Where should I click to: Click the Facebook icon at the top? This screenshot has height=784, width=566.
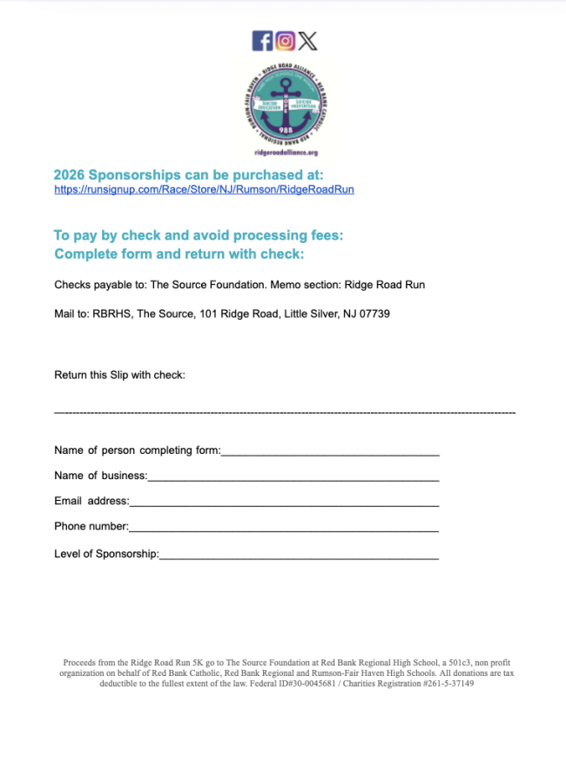coord(262,41)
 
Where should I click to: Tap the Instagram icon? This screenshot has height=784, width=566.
coord(286,41)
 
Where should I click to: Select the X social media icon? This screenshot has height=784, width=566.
coord(307,41)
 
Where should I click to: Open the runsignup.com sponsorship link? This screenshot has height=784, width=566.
coord(204,189)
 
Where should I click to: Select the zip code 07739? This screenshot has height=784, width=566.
coord(372,313)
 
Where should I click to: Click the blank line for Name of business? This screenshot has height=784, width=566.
coord(293,476)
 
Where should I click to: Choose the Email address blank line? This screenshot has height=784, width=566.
coord(284,502)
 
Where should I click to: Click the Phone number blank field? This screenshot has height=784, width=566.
coord(284,527)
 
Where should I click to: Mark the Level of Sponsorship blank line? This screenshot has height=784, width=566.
coord(299,554)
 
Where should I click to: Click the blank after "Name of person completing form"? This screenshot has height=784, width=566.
coord(330,451)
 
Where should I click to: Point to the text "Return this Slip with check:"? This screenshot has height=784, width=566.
coord(120,375)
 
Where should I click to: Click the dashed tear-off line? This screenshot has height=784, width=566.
coord(284,411)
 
